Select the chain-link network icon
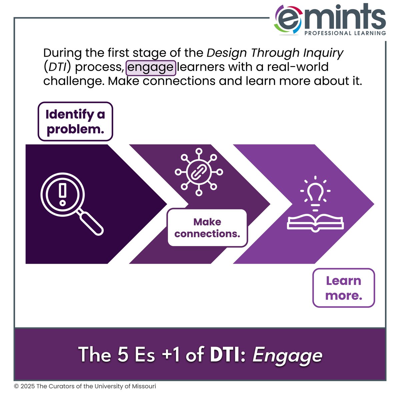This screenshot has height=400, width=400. point(199,172)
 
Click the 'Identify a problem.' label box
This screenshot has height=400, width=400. point(75,121)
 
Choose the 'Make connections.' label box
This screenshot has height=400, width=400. point(207,228)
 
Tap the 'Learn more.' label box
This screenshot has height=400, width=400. point(344,288)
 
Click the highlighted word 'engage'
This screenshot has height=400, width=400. point(151,67)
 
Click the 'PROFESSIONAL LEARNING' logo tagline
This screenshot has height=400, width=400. point(345,33)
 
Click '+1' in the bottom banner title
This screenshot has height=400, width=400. point(171,355)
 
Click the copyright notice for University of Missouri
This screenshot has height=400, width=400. point(85,386)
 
